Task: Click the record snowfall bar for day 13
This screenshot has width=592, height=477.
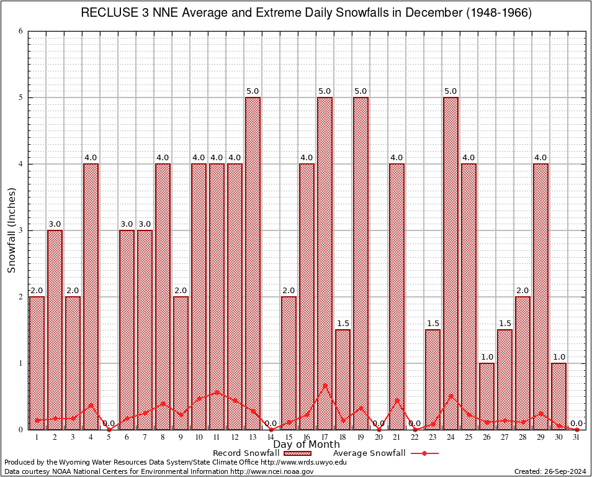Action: pyautogui.click(x=253, y=263)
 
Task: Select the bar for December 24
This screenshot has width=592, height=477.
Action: pyautogui.click(x=451, y=263)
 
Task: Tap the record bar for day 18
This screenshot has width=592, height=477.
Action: pyautogui.click(x=343, y=379)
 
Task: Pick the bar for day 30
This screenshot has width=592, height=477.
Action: pyautogui.click(x=558, y=396)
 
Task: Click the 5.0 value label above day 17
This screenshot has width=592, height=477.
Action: pyautogui.click(x=325, y=91)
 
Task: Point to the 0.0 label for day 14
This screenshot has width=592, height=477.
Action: pyautogui.click(x=271, y=424)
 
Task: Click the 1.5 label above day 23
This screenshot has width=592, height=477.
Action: pyautogui.click(x=433, y=324)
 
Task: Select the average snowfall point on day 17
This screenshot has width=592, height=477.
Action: pyautogui.click(x=325, y=385)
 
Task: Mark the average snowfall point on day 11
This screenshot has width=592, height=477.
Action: pyautogui.click(x=217, y=392)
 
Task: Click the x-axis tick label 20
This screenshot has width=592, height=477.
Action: pyautogui.click(x=379, y=437)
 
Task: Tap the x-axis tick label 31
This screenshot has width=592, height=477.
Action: pyautogui.click(x=576, y=437)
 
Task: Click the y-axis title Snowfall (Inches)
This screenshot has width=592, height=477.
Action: pyautogui.click(x=11, y=230)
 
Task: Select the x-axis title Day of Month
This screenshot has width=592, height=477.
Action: pyautogui.click(x=307, y=445)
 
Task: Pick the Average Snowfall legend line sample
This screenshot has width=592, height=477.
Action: pyautogui.click(x=424, y=453)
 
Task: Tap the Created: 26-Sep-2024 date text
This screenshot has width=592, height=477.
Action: pyautogui.click(x=550, y=471)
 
